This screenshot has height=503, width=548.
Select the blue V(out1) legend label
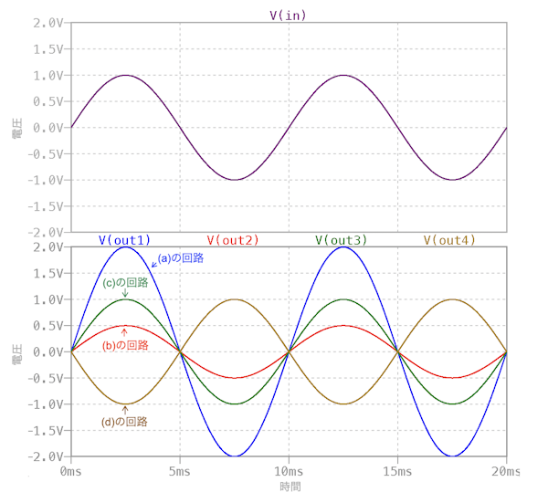pos(124,240)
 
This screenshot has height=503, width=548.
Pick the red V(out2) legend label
pos(233,240)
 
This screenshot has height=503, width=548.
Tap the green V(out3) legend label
pos(342,240)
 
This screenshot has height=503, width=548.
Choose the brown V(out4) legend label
pos(450,240)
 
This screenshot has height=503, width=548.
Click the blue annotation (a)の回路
pos(181,258)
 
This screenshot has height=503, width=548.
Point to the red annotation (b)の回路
pos(125,345)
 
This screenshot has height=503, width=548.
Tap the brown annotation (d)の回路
pos(124,422)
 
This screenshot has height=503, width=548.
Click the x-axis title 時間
pos(289,487)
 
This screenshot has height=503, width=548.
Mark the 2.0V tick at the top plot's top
pos(46,22)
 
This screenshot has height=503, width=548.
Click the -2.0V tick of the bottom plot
pos(43,456)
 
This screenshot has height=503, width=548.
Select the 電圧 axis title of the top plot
pos(18,127)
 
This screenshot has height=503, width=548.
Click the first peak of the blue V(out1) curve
pos(125,247)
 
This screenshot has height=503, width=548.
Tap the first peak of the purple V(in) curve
pos(125,75)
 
